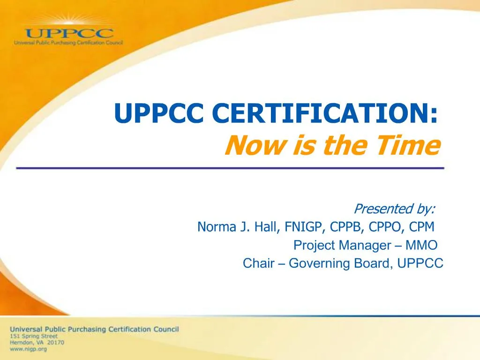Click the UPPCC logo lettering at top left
(x=69, y=34)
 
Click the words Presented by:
(x=394, y=208)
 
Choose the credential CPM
(x=421, y=227)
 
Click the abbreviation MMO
(x=421, y=245)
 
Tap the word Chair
(x=258, y=263)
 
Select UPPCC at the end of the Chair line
(x=420, y=263)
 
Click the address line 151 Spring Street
(x=34, y=336)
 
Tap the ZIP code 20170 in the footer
(x=55, y=343)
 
